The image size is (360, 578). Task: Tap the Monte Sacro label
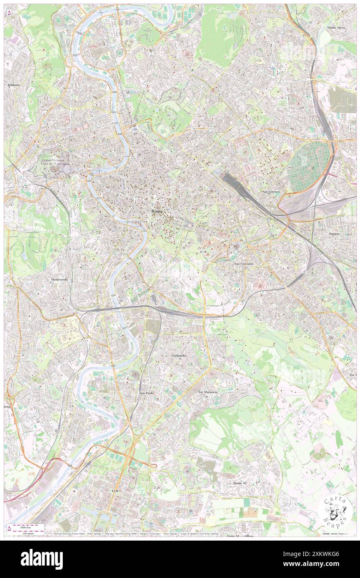[x=337, y=27]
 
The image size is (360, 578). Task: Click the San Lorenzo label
[x=271, y=192]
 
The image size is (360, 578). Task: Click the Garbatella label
[x=179, y=356]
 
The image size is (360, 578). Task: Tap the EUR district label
[x=115, y=491]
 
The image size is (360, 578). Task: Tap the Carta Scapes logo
[x=335, y=511]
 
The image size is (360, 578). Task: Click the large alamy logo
[x=42, y=559]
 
